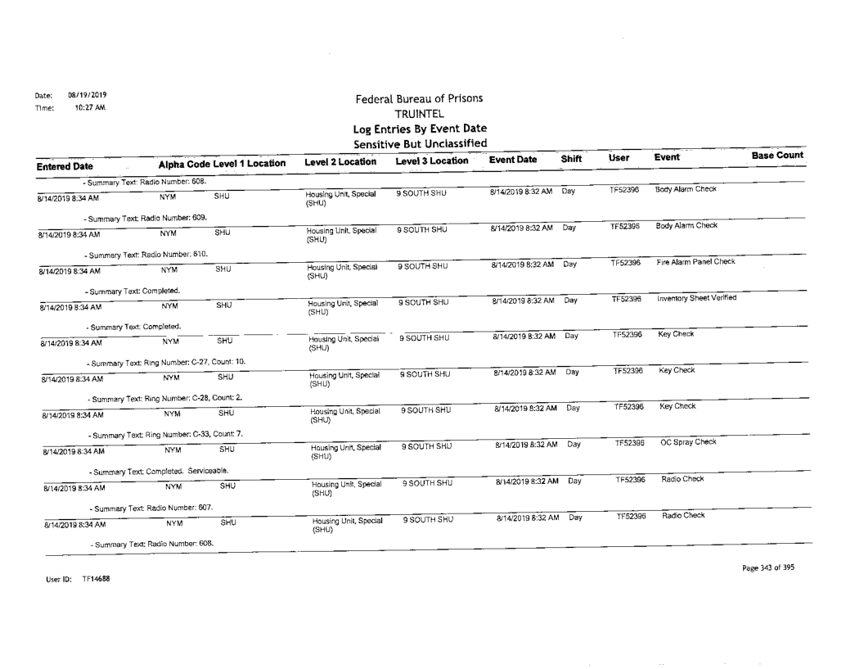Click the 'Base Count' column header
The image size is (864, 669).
776,156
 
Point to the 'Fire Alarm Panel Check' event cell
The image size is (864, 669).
697,262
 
